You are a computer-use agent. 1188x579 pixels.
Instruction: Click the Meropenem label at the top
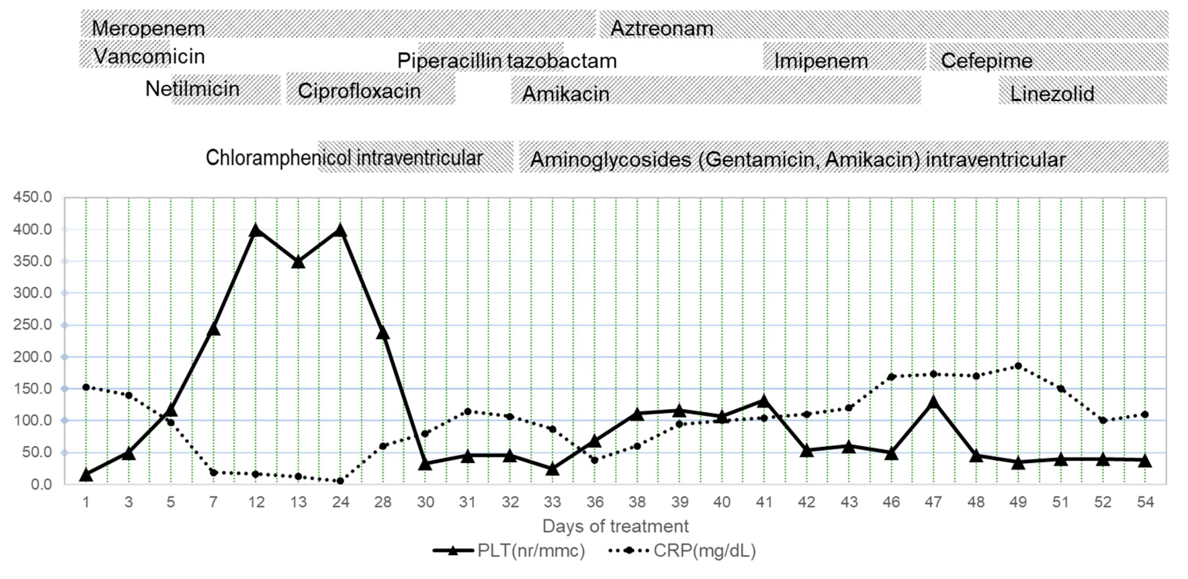(x=148, y=29)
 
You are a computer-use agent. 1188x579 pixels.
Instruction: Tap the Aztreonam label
(x=661, y=29)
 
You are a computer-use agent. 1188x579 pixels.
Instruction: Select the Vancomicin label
(x=149, y=56)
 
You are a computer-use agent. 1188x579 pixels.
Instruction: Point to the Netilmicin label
(x=192, y=89)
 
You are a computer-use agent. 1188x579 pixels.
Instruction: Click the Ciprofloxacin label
(x=359, y=91)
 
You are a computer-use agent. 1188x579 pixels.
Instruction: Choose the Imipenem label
(x=820, y=61)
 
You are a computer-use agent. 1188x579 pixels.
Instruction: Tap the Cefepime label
(x=987, y=61)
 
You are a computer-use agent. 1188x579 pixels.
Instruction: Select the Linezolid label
(x=1052, y=94)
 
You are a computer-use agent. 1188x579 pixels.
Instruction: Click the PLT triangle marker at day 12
(x=256, y=230)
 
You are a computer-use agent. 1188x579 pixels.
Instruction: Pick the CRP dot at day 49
(x=1018, y=366)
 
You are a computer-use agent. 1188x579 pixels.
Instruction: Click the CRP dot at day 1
(x=86, y=387)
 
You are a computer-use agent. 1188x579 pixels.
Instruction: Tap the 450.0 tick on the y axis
(x=32, y=198)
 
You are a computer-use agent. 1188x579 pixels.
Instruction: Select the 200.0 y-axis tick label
(x=32, y=357)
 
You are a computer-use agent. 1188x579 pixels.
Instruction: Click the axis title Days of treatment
(x=615, y=526)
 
